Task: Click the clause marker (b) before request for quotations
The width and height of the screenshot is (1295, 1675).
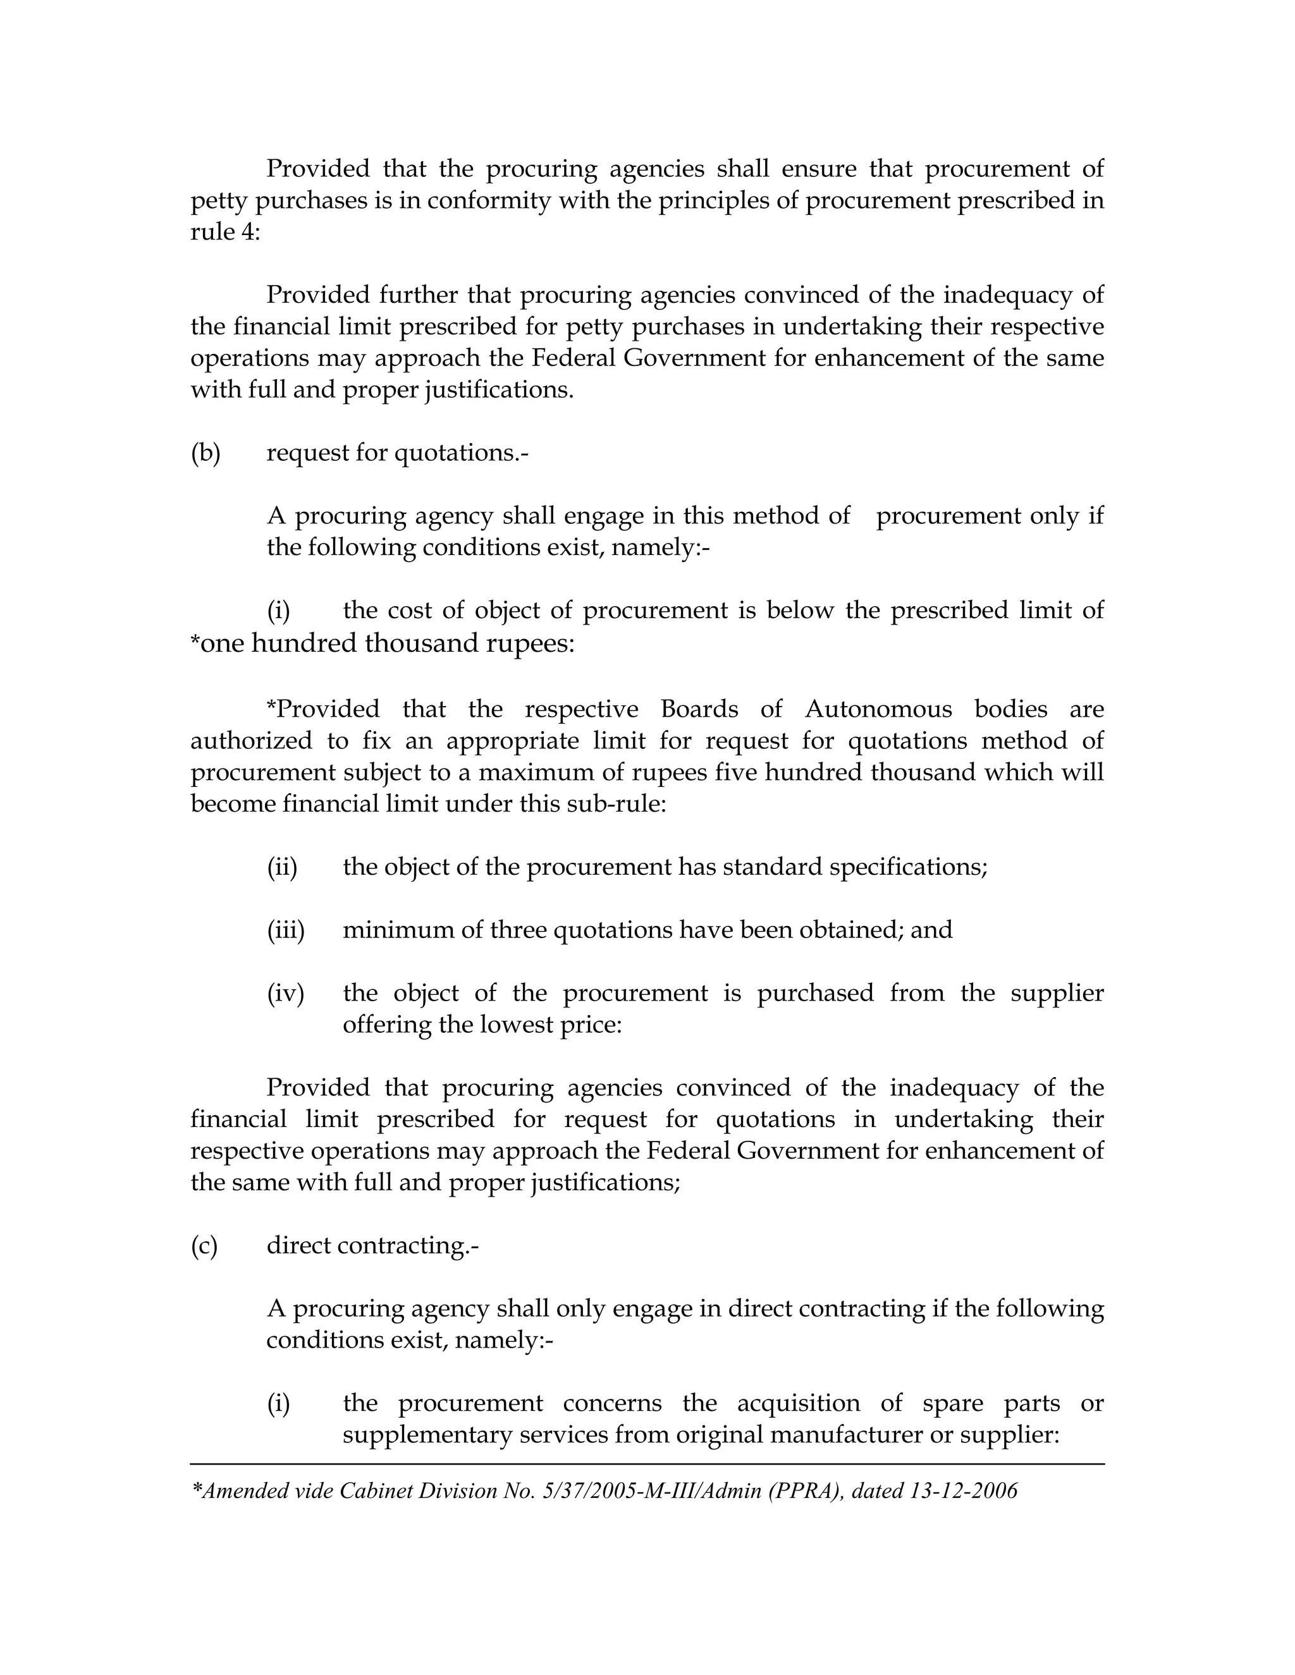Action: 205,453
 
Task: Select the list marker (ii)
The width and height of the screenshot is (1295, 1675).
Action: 281,867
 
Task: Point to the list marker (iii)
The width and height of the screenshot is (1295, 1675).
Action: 285,930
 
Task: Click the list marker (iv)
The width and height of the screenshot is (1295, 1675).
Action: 285,993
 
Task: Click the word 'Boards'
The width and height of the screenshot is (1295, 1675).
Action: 699,709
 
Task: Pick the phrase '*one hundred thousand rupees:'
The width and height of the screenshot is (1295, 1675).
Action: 382,643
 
